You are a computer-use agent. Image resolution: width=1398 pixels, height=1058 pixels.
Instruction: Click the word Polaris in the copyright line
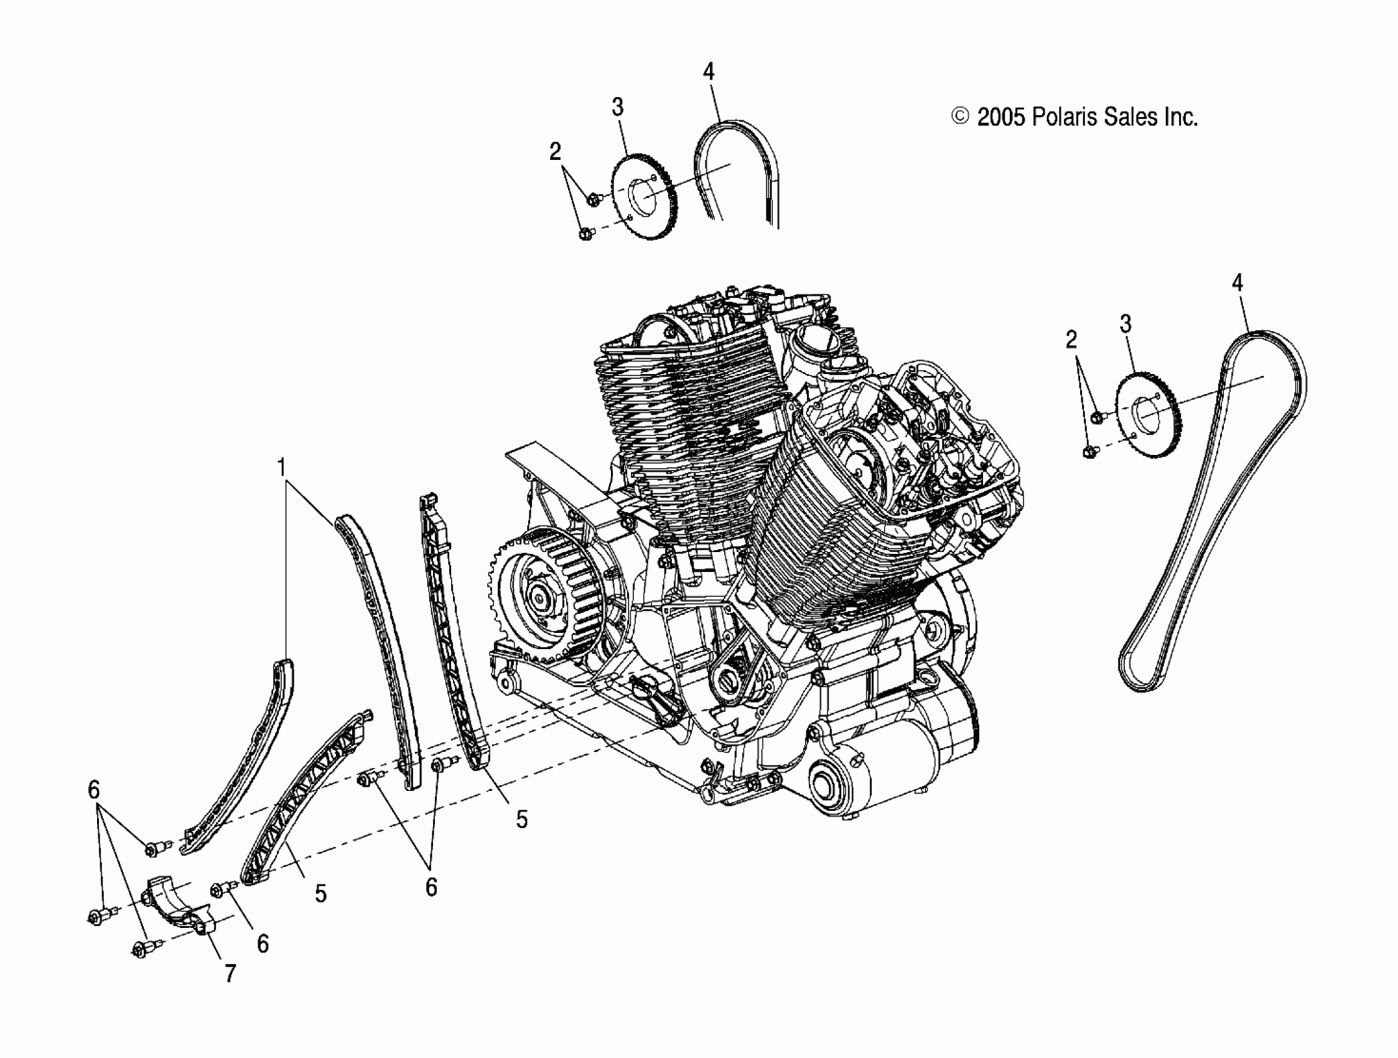point(1065,117)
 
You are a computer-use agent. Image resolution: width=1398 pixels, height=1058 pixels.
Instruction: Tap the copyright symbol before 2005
point(960,116)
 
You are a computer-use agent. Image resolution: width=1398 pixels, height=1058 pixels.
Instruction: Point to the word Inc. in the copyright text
point(1180,117)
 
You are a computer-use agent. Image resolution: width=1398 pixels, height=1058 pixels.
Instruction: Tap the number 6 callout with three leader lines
point(93,789)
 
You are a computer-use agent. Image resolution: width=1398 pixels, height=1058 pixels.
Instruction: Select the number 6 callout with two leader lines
point(431,887)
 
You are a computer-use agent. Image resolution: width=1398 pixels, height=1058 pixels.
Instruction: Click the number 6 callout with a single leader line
point(263,943)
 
